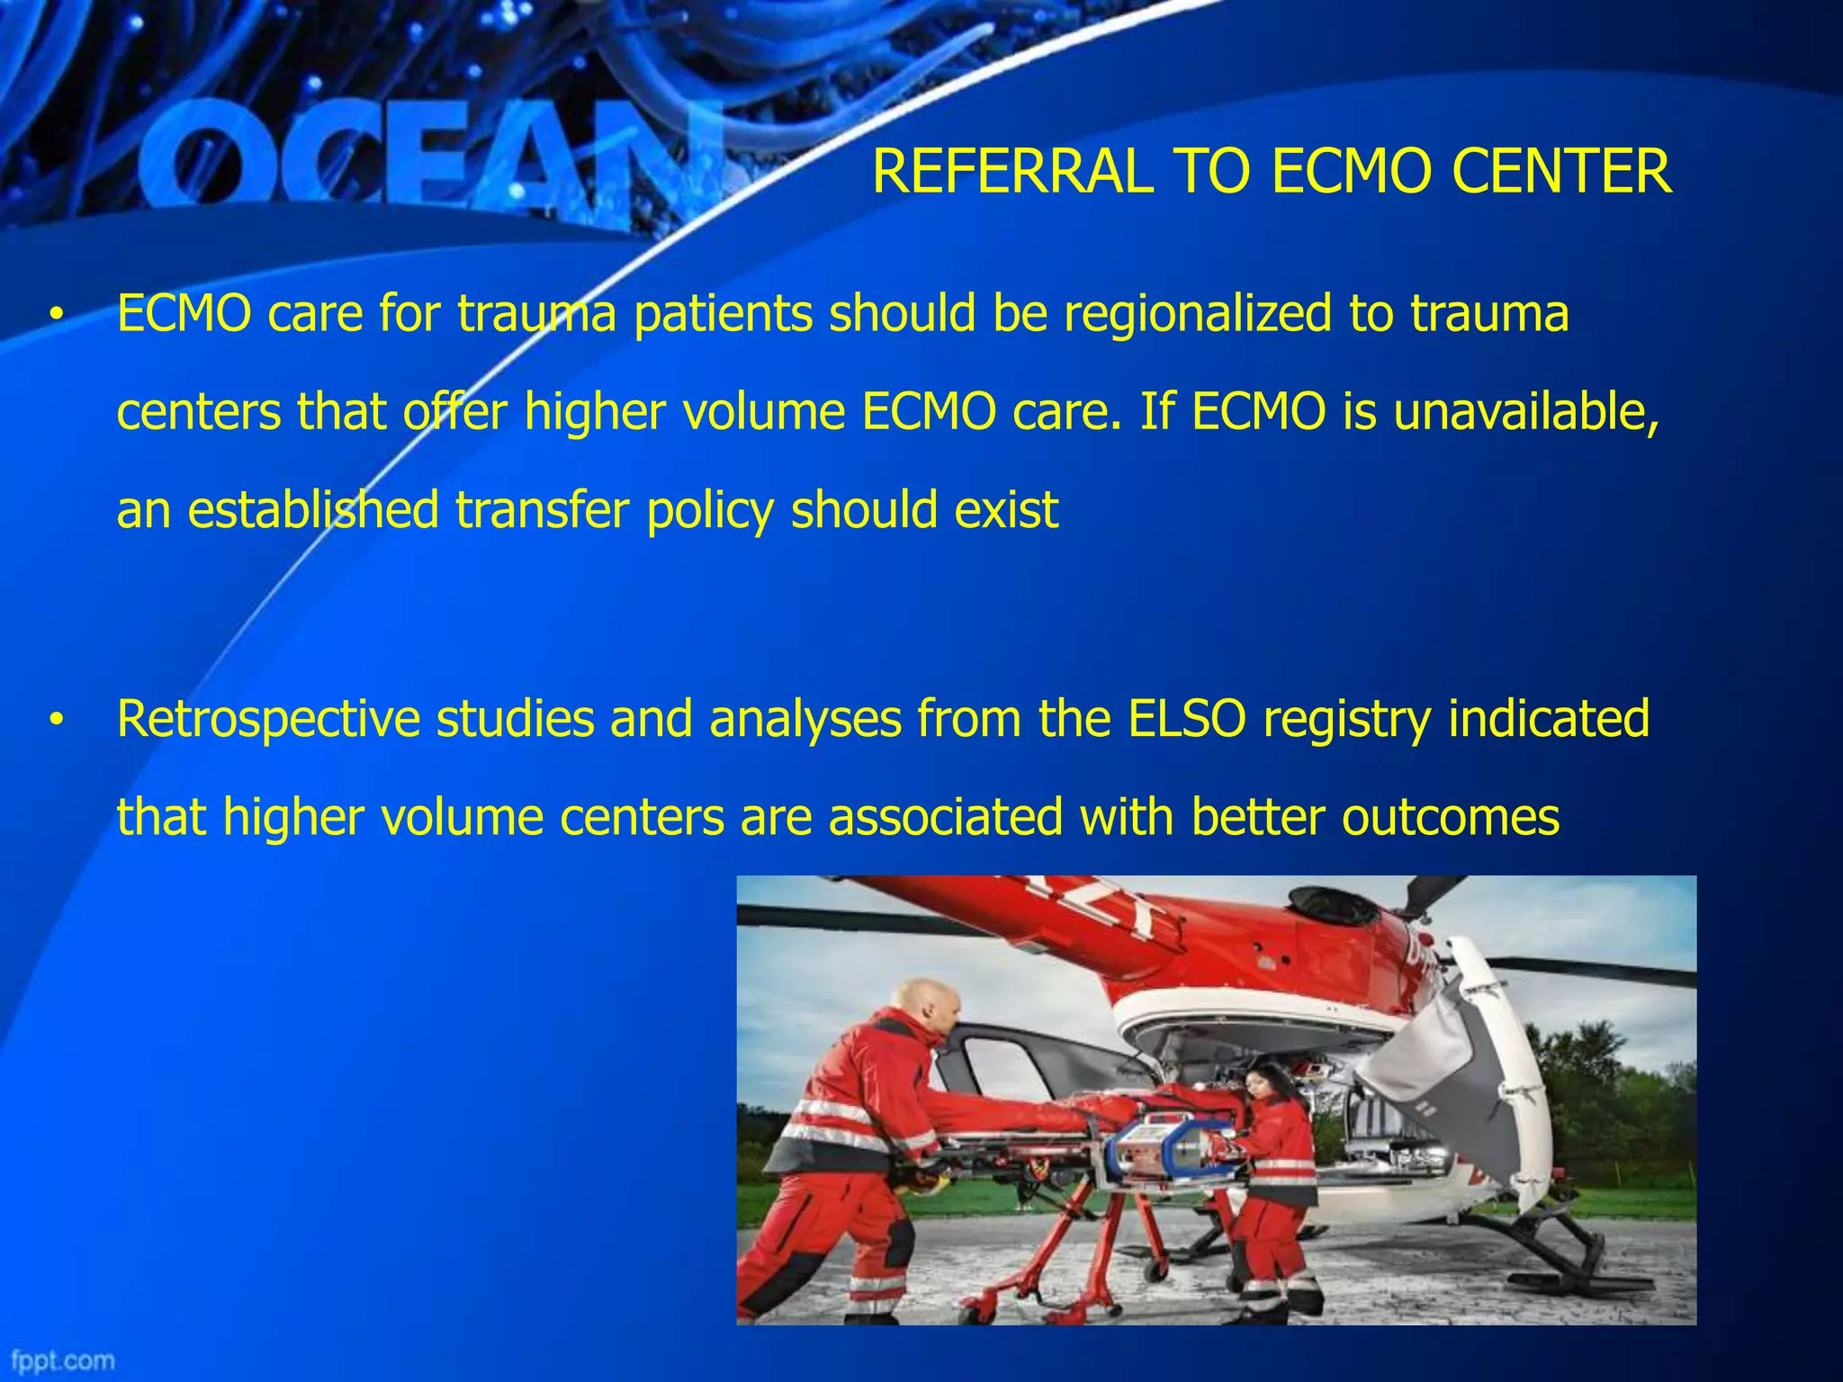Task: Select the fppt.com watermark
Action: pos(63,1360)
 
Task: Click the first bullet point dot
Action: pos(57,315)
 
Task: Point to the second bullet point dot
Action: pos(57,721)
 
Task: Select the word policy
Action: pos(710,510)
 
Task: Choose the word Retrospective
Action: pos(268,719)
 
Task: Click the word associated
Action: pos(946,817)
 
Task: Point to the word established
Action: pos(312,510)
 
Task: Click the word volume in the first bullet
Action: pos(763,411)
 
